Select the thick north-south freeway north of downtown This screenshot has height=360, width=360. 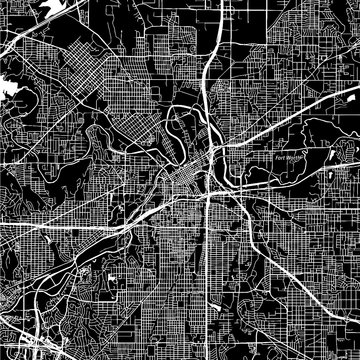205,80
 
